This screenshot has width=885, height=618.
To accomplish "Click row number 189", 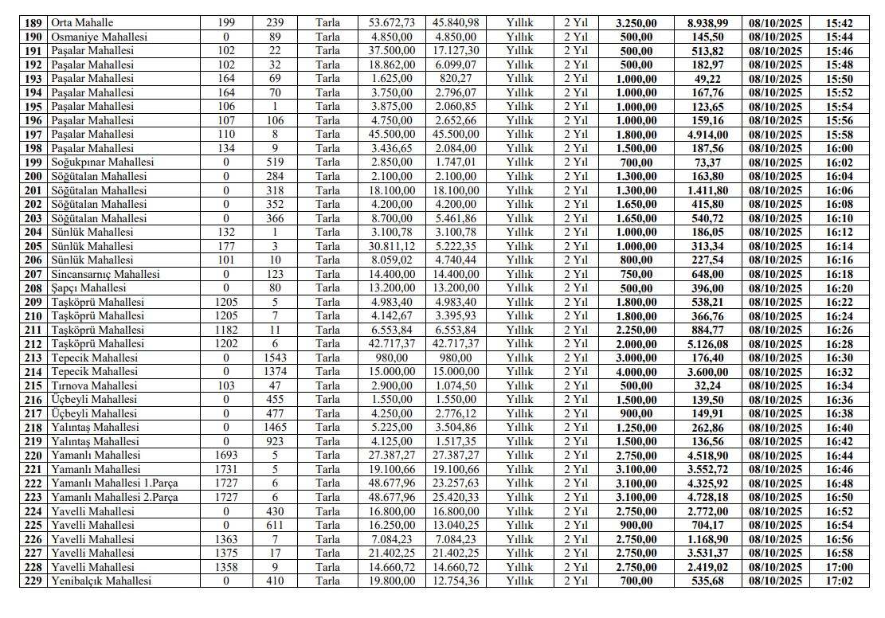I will point(33,23).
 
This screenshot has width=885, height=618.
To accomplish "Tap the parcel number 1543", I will point(273,358).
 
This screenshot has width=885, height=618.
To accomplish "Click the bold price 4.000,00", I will point(636,371).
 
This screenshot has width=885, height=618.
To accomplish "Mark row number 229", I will point(33,581).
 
